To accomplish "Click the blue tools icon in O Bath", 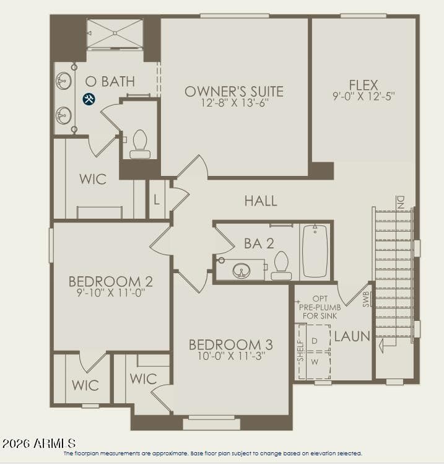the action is pyautogui.click(x=89, y=99).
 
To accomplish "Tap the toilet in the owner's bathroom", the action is pyautogui.click(x=140, y=144).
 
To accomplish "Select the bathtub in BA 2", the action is pyautogui.click(x=315, y=252).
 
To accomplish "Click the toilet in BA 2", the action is pyautogui.click(x=281, y=266).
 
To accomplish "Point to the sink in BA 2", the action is pyautogui.click(x=241, y=270).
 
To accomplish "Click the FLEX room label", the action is pyautogui.click(x=363, y=85).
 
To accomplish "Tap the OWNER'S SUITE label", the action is pyautogui.click(x=234, y=92).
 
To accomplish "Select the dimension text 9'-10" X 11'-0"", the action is pyautogui.click(x=110, y=293).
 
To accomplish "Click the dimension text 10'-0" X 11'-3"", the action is pyautogui.click(x=231, y=356).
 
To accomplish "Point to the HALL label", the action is pyautogui.click(x=261, y=201).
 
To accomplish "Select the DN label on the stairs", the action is pyautogui.click(x=401, y=203).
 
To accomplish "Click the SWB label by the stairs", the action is pyautogui.click(x=366, y=299).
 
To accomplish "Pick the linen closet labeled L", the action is pyautogui.click(x=157, y=200).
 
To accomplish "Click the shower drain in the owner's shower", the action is pyautogui.click(x=115, y=33).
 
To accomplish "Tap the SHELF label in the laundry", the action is pyautogui.click(x=300, y=351).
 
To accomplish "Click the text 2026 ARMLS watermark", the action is pyautogui.click(x=38, y=444).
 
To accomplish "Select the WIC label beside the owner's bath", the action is pyautogui.click(x=93, y=179).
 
